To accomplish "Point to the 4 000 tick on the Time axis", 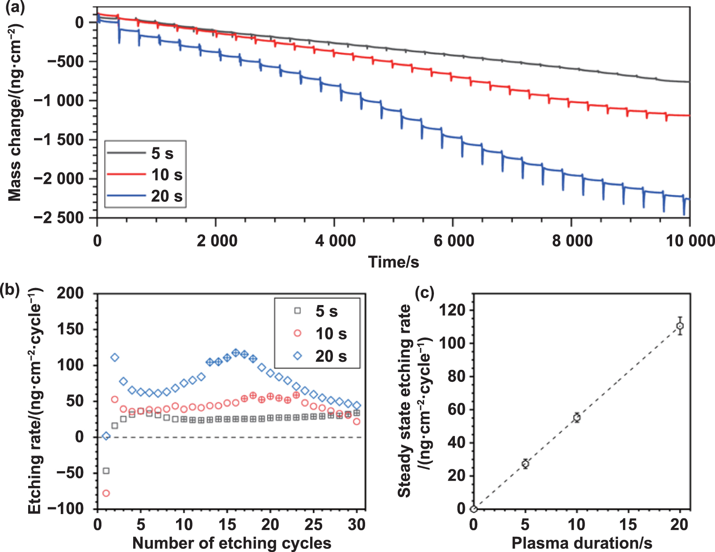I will [x=335, y=241].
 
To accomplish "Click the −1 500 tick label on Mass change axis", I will [x=59, y=140].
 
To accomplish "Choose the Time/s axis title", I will [x=393, y=262].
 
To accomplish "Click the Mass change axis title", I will [x=15, y=112].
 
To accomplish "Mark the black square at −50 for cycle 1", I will [x=106, y=471].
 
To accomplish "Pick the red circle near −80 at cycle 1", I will [x=106, y=493].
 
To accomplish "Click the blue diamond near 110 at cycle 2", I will [x=115, y=357].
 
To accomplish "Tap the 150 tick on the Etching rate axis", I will [x=71, y=329].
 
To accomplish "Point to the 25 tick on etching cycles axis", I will [x=313, y=524].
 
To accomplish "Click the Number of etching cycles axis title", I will [x=231, y=544].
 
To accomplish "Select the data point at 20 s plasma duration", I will [x=680, y=326].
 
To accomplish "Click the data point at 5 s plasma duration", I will [x=525, y=464].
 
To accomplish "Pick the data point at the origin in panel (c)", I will [x=474, y=509].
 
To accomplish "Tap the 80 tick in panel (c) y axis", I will [x=457, y=376].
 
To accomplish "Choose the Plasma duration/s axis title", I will [x=581, y=544].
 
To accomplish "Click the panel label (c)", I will [x=424, y=293].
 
